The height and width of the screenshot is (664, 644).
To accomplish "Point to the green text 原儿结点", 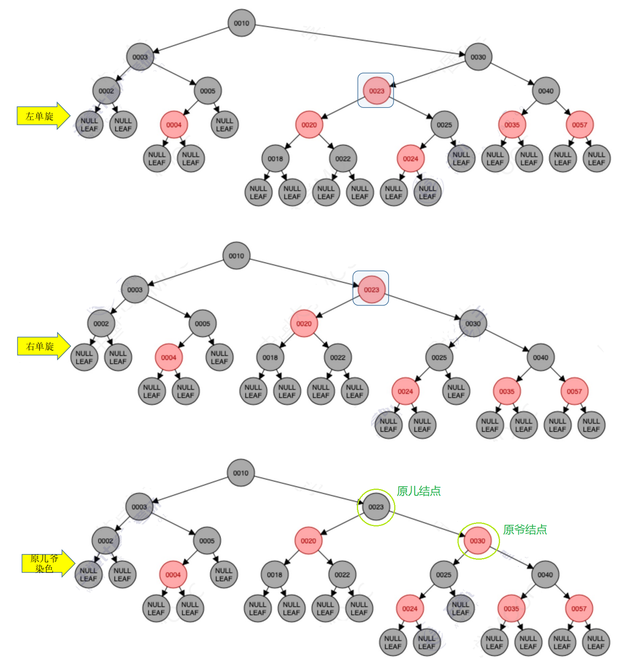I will point(419,491).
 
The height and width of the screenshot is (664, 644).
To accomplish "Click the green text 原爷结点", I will point(525,529).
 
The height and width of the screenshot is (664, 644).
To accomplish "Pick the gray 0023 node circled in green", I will point(376,507).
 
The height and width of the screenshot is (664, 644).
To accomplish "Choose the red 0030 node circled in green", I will point(478,541).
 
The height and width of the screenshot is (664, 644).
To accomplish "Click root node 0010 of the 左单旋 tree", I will point(241,23).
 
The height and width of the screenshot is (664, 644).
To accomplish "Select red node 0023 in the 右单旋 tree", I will point(371,290).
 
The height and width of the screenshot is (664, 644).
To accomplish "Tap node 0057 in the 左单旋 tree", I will point(580,125).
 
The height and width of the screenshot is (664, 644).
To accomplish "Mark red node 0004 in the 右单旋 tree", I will point(169,358).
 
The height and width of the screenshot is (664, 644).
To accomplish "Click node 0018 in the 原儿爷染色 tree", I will point(275,575).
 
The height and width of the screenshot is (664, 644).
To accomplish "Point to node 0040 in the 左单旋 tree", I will point(546,91).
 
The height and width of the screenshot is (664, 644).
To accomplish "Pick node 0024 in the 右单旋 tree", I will point(405,391).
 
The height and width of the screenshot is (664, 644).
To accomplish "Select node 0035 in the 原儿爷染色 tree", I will point(511,609).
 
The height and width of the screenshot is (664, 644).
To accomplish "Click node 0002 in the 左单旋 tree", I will point(106,91).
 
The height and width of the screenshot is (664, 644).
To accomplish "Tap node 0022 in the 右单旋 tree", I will point(338,358).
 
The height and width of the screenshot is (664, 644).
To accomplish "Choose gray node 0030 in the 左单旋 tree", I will point(478,57).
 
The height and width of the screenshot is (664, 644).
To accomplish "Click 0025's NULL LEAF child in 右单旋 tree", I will point(456,391).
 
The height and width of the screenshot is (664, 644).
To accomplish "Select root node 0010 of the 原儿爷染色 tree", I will point(241,473).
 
